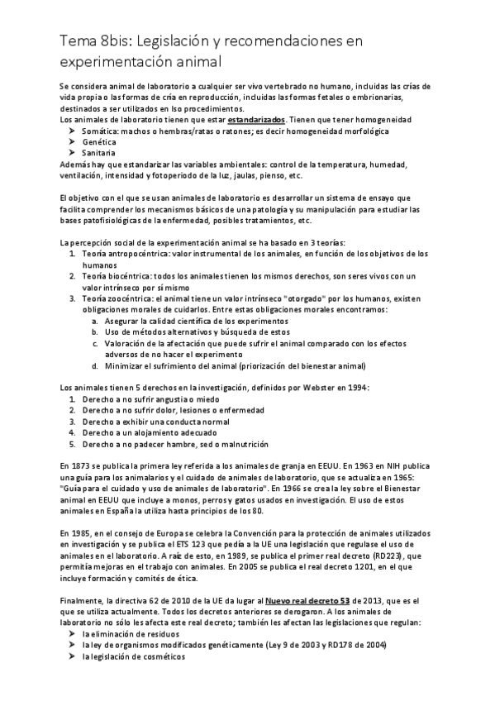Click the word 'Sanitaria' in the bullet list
(98, 153)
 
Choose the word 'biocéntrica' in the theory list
(129, 275)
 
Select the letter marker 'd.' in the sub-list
(96, 365)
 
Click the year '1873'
(82, 465)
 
